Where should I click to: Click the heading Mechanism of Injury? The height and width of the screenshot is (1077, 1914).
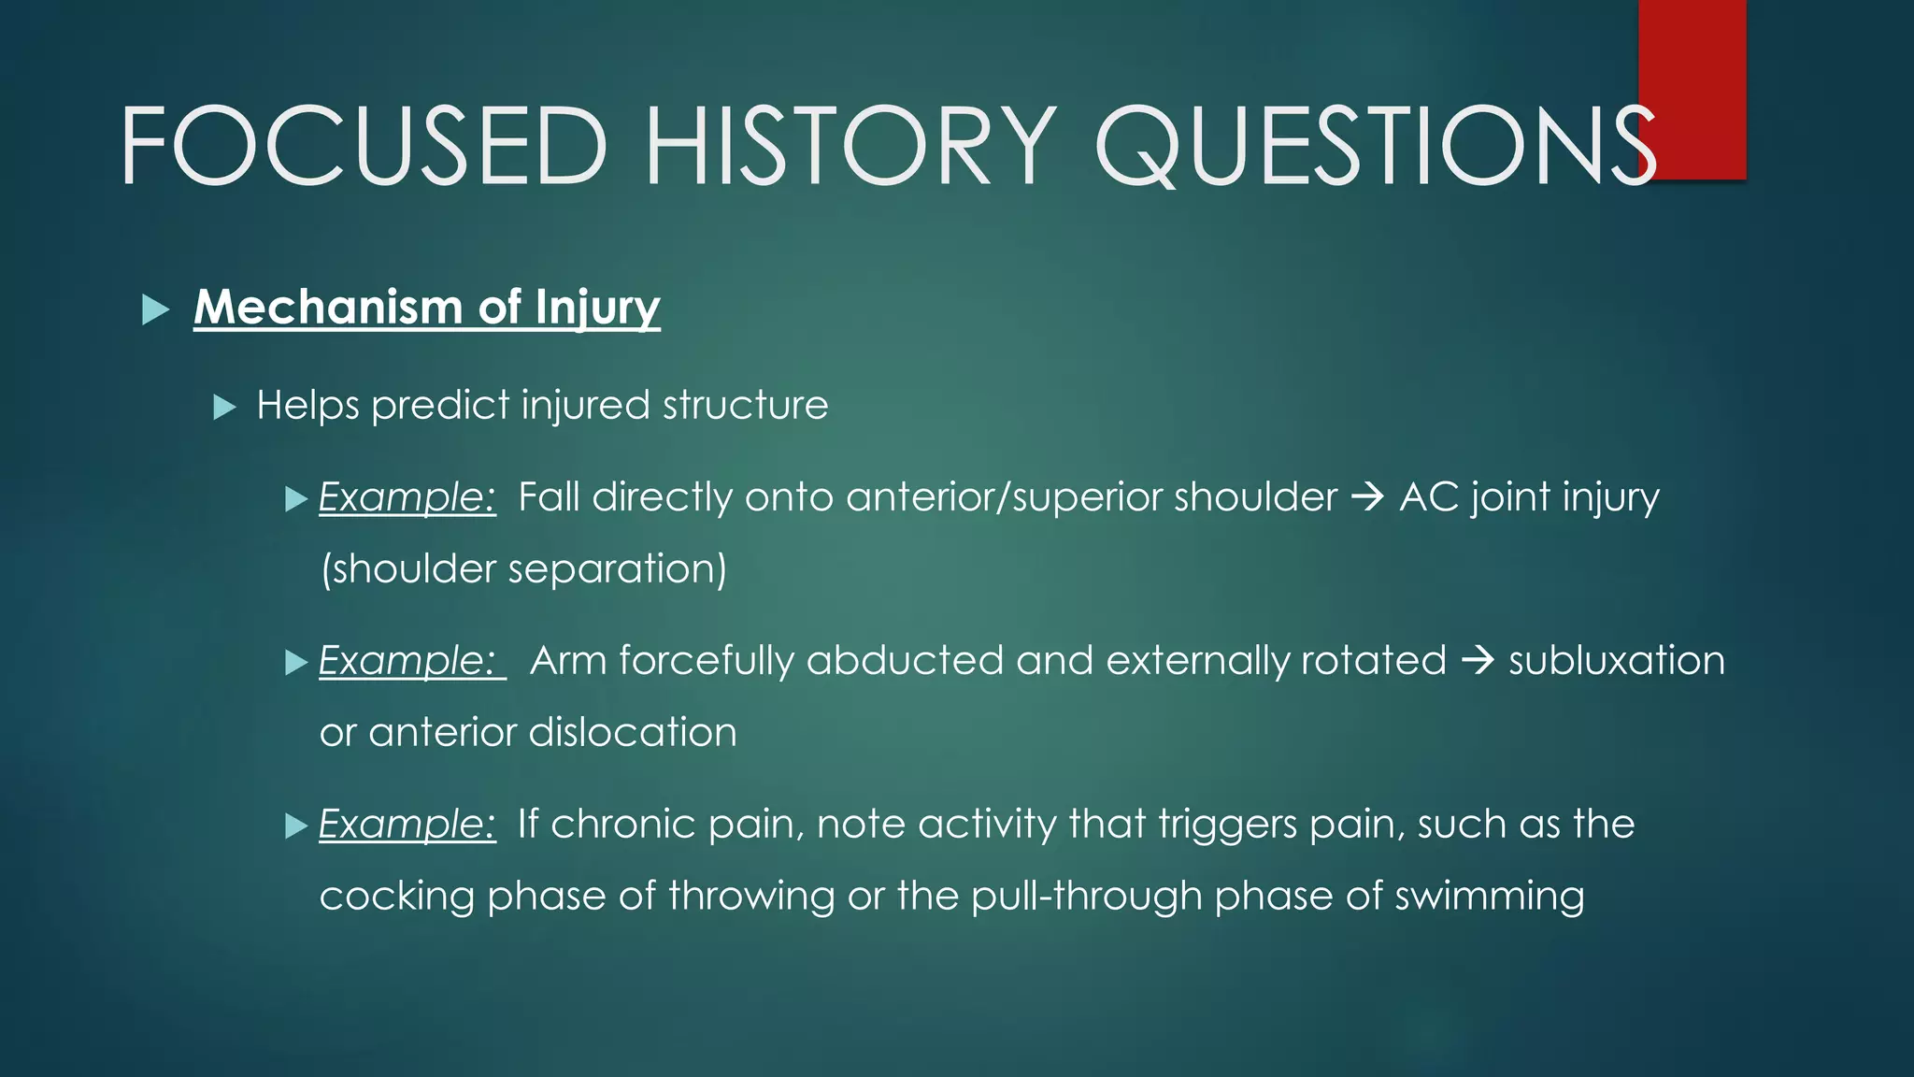pos(427,308)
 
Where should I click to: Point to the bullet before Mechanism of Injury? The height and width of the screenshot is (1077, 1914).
pos(155,309)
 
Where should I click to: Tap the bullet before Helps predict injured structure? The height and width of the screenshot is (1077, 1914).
pos(224,407)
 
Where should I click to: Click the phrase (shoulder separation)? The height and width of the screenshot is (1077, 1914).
pos(523,568)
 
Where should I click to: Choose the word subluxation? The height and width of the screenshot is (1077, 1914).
pos(1617,661)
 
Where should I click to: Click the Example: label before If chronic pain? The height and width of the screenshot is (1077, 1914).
pos(407,825)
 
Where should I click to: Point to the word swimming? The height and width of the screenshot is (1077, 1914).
pos(1489,896)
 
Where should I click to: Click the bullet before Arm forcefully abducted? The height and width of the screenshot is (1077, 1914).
pos(296,663)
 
